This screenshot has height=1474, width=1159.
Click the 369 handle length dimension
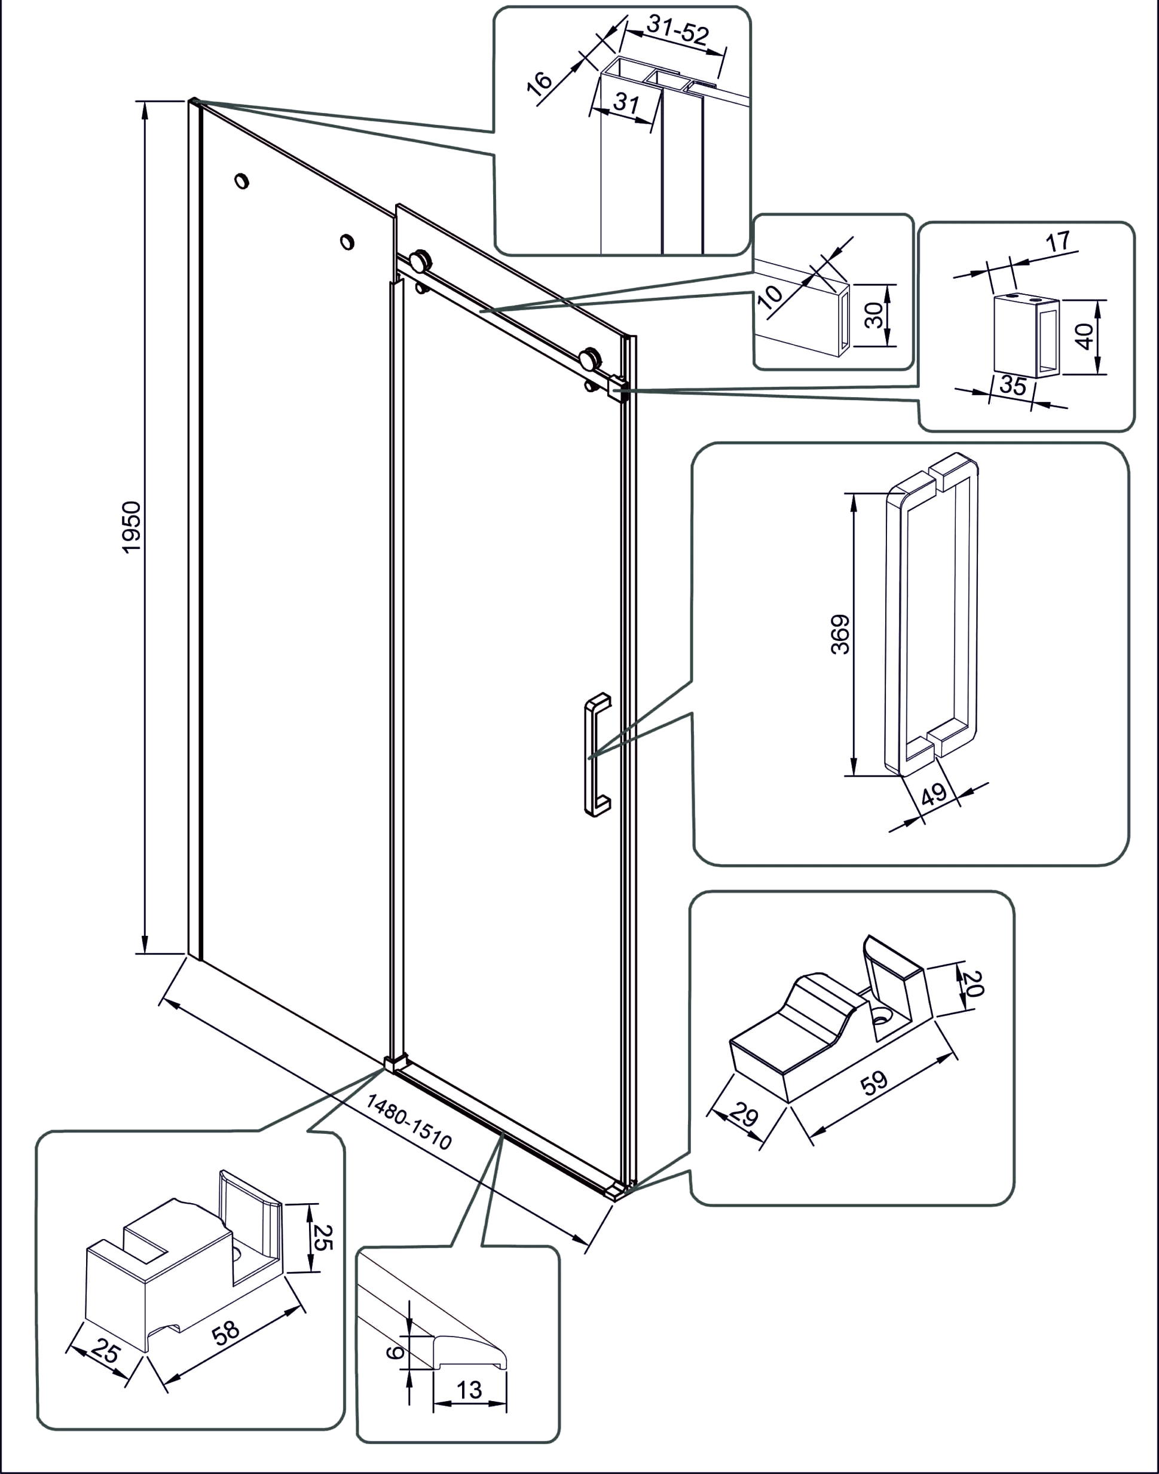[840, 634]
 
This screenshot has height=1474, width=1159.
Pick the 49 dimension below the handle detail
[934, 794]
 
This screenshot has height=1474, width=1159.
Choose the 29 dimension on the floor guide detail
[743, 1115]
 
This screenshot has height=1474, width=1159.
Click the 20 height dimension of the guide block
[973, 982]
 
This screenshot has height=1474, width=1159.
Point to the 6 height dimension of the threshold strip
[395, 1353]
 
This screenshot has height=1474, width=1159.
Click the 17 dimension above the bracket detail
[1058, 240]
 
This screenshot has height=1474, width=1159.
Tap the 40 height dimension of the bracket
[1085, 336]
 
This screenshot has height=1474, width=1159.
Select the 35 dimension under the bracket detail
[1013, 386]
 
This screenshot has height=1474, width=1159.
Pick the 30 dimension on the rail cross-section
[874, 315]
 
